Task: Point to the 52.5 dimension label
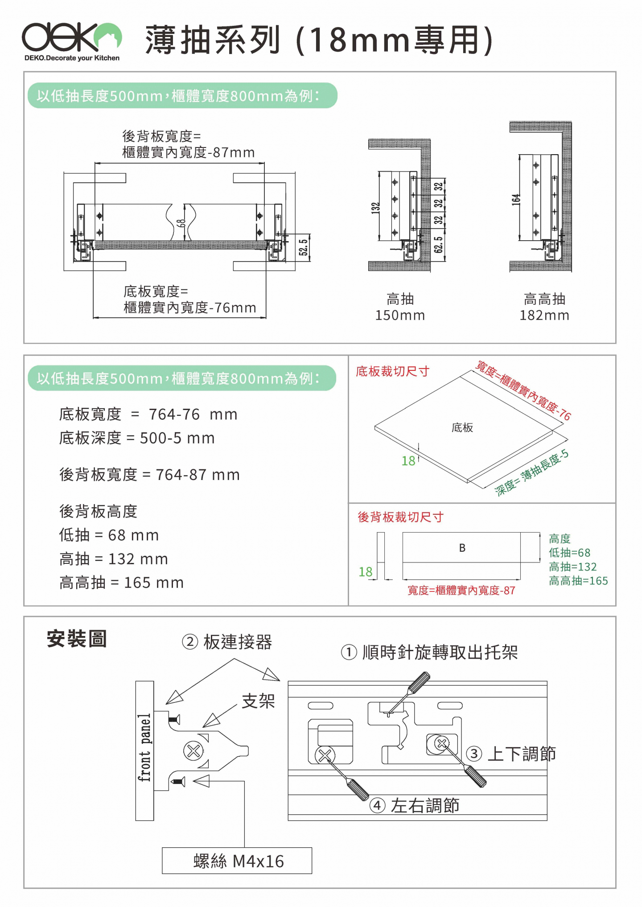(304, 247)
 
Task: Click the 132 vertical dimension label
(376, 208)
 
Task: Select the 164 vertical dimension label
(516, 199)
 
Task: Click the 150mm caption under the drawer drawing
(400, 315)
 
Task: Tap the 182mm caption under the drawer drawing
(544, 315)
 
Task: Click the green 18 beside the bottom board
(408, 461)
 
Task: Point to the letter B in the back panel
(462, 548)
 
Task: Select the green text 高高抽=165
(578, 581)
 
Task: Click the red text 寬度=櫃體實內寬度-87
(461, 591)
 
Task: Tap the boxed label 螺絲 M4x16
(237, 861)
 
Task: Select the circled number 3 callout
(474, 754)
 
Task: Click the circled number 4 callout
(377, 805)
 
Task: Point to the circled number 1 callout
(349, 653)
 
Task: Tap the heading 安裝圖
(77, 639)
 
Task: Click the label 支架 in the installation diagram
(258, 701)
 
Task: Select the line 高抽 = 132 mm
(114, 559)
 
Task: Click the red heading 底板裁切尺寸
(392, 371)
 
